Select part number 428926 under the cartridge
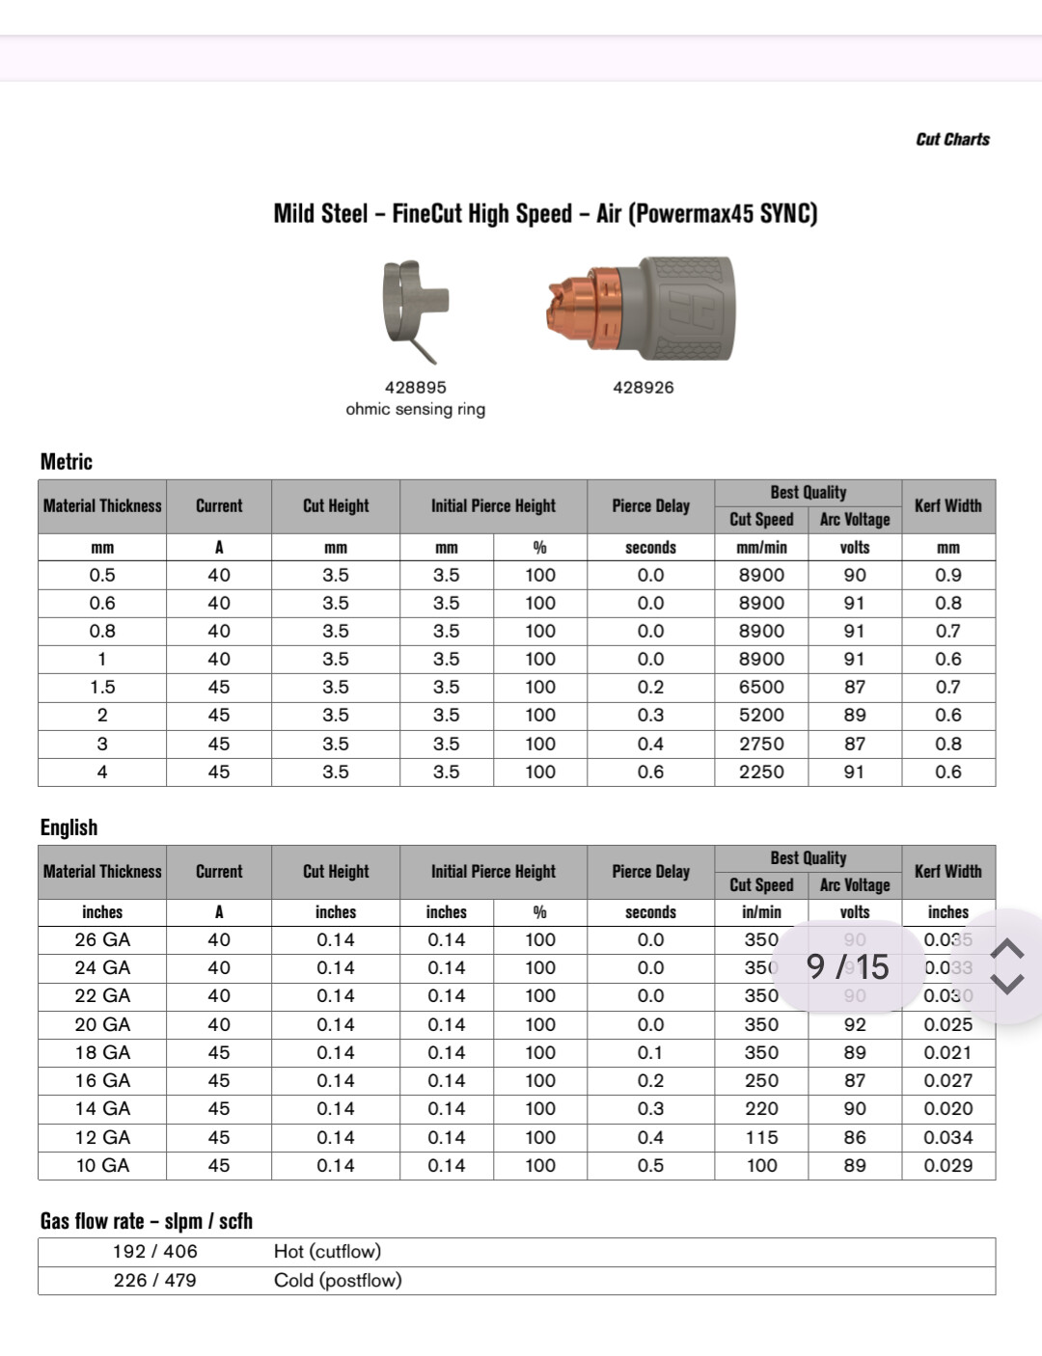point(644,388)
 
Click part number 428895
point(416,388)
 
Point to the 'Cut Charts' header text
point(952,139)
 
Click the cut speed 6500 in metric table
point(761,688)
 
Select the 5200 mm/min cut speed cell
point(761,716)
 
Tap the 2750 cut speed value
point(761,745)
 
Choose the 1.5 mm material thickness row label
point(102,688)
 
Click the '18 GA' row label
point(102,1053)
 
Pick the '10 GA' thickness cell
point(102,1166)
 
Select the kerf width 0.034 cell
point(947,1138)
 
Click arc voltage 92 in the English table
point(855,1025)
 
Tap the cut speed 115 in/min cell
point(761,1138)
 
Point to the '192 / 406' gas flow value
point(154,1252)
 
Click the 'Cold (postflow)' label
point(338,1281)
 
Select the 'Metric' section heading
point(67,462)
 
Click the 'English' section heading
point(69,827)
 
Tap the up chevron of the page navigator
point(1007,949)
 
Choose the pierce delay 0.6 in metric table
point(650,773)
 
